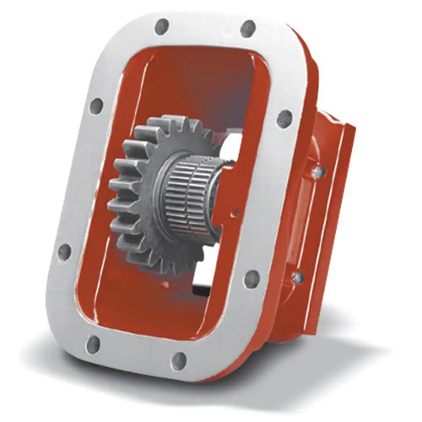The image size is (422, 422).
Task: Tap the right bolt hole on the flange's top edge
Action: (247, 29)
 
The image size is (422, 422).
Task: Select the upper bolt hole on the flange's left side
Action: (96, 106)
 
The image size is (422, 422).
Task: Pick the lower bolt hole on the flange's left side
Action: (64, 252)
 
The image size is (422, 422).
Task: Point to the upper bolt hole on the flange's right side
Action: (284, 119)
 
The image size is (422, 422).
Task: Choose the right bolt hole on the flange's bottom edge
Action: (178, 361)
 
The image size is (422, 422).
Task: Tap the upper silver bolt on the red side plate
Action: (318, 171)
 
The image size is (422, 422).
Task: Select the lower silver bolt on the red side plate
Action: (298, 277)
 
